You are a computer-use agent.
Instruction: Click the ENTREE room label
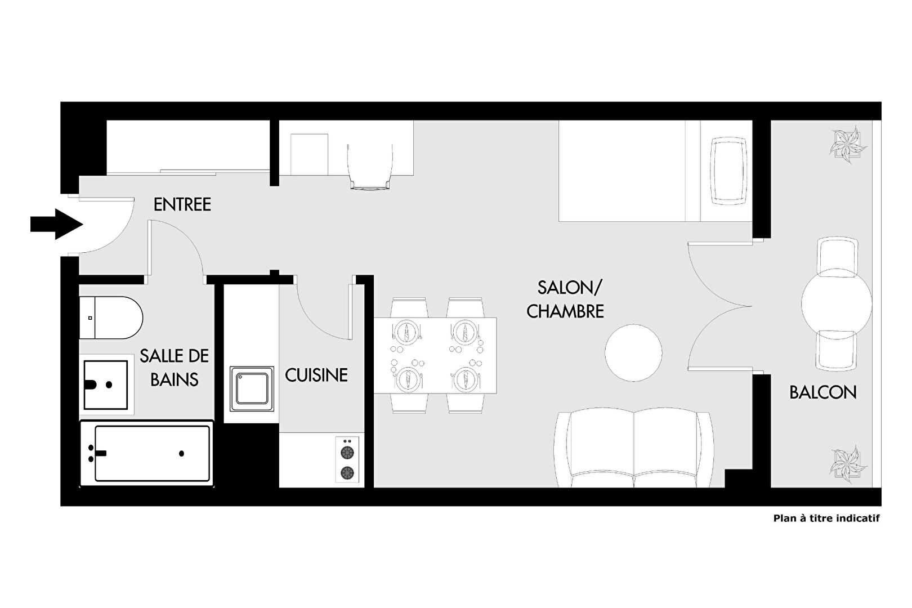(x=182, y=204)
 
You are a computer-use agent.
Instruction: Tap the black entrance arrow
(x=57, y=224)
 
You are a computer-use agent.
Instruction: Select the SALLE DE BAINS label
(x=175, y=368)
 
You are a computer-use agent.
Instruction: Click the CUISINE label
(x=316, y=375)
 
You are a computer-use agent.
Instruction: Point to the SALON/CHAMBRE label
(x=565, y=299)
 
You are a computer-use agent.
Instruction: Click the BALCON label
(x=823, y=392)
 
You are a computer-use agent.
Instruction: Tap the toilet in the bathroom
(x=111, y=318)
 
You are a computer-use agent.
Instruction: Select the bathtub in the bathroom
(x=147, y=453)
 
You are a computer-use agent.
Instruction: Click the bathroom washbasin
(x=106, y=385)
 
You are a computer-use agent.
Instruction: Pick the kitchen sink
(x=252, y=389)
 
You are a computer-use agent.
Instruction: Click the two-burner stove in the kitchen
(x=347, y=460)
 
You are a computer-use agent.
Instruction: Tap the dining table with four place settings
(x=435, y=355)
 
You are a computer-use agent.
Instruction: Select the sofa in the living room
(x=634, y=450)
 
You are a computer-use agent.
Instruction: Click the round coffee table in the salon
(x=633, y=352)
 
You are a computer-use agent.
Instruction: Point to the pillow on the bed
(x=729, y=171)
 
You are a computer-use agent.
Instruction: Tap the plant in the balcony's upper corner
(x=848, y=145)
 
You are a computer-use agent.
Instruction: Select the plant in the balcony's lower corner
(x=848, y=464)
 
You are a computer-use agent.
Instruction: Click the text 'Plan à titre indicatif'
(x=826, y=518)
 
